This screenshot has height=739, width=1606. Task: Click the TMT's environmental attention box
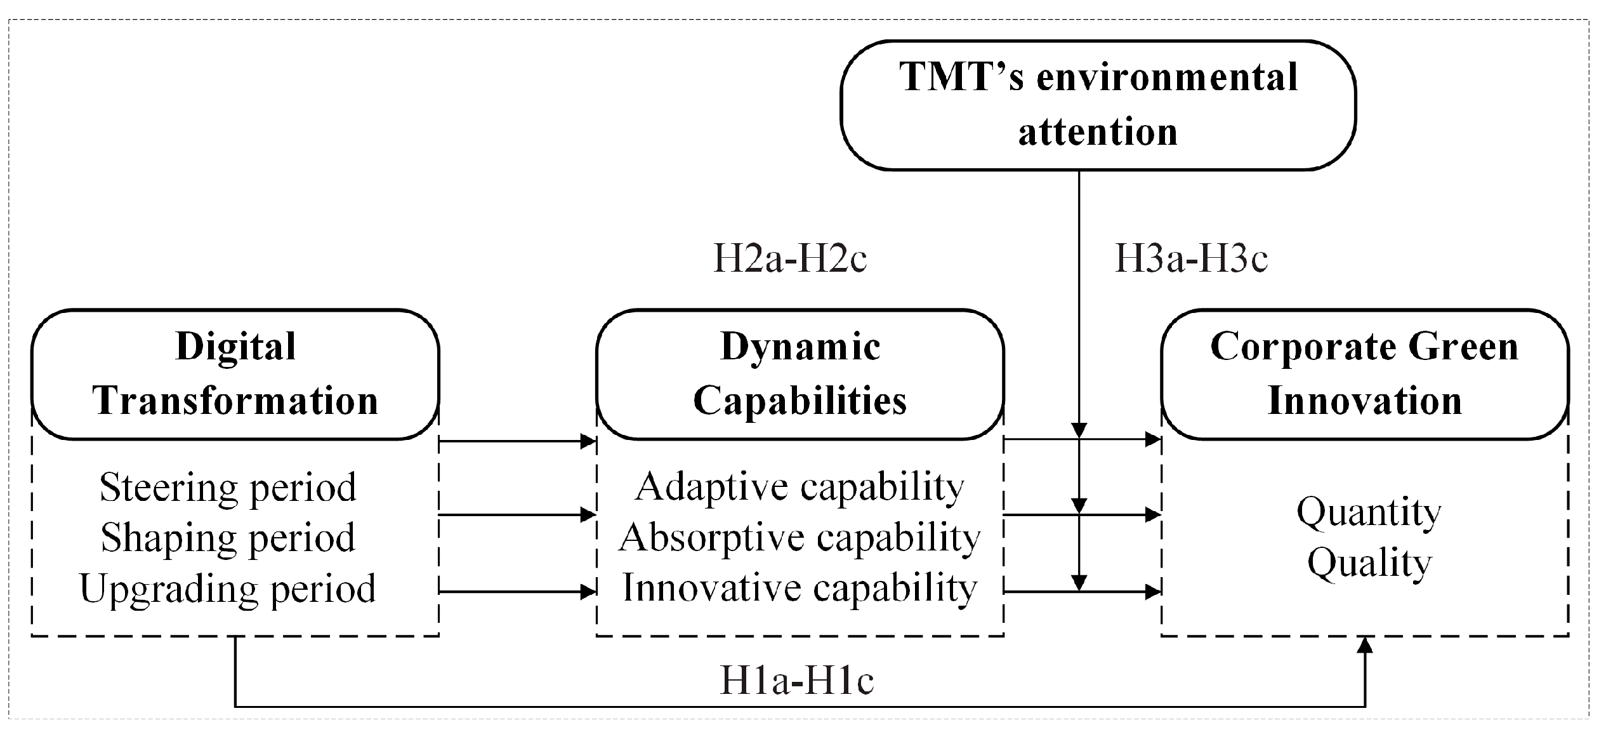click(x=1098, y=105)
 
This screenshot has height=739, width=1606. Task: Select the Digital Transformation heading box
click(x=235, y=375)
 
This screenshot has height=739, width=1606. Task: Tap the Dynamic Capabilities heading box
click(x=800, y=375)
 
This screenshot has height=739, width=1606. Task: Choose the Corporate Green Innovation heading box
click(x=1364, y=375)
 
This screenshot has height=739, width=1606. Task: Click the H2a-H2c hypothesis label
click(x=790, y=259)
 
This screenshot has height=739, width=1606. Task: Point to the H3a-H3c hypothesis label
click(x=1191, y=259)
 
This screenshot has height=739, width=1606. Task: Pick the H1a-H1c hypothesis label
click(x=797, y=681)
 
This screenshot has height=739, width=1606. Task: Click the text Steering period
click(x=228, y=488)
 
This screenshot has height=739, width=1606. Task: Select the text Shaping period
click(x=228, y=538)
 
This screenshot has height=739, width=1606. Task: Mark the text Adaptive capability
click(x=800, y=488)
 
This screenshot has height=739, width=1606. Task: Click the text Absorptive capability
click(x=800, y=538)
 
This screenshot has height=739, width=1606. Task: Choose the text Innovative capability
click(x=800, y=588)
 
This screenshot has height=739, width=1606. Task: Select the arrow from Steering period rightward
click(x=517, y=441)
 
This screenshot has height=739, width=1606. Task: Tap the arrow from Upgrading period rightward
click(x=517, y=592)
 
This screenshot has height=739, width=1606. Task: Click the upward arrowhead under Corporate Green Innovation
click(x=1365, y=646)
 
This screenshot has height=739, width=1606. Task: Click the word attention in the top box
click(x=1098, y=132)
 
